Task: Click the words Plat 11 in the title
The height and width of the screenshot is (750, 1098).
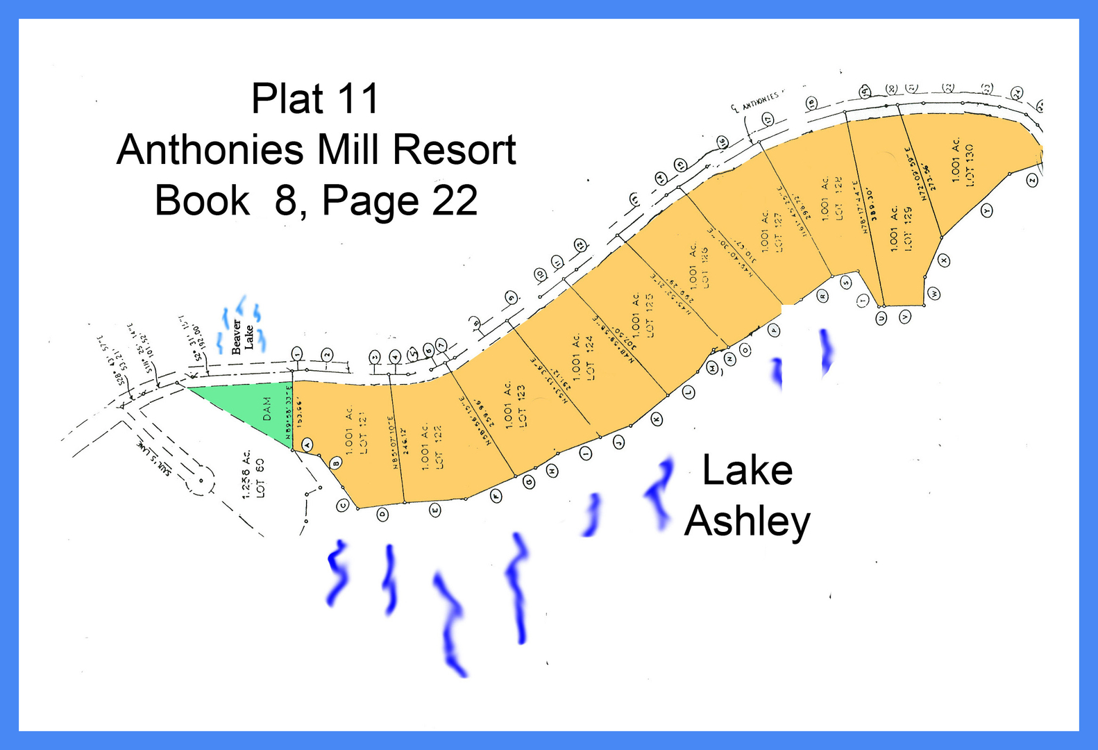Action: pyautogui.click(x=315, y=99)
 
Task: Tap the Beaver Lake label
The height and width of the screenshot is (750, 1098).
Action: pyautogui.click(x=242, y=337)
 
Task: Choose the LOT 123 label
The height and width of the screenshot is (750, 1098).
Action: pyautogui.click(x=521, y=406)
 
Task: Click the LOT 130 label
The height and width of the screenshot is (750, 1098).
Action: pyautogui.click(x=970, y=165)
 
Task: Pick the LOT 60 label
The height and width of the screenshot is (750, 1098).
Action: pyautogui.click(x=260, y=477)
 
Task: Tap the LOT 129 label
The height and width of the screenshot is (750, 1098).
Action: pyautogui.click(x=908, y=228)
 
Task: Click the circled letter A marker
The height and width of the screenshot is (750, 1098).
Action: pyautogui.click(x=307, y=444)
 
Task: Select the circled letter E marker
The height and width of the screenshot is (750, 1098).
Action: pyautogui.click(x=435, y=510)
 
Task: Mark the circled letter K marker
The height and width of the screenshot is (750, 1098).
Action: pyautogui.click(x=656, y=419)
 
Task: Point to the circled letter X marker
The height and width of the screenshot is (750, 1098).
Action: pyautogui.click(x=943, y=260)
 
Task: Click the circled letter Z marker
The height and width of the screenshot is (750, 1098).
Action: pyautogui.click(x=1032, y=181)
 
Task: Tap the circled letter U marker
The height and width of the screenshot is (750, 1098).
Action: pyautogui.click(x=881, y=318)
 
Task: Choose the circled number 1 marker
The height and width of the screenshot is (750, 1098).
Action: pyautogui.click(x=297, y=353)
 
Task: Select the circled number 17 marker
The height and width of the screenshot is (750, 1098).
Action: pyautogui.click(x=768, y=119)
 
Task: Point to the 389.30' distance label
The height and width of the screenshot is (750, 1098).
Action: pyautogui.click(x=872, y=204)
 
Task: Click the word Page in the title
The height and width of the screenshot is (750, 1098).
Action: pyautogui.click(x=371, y=201)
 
